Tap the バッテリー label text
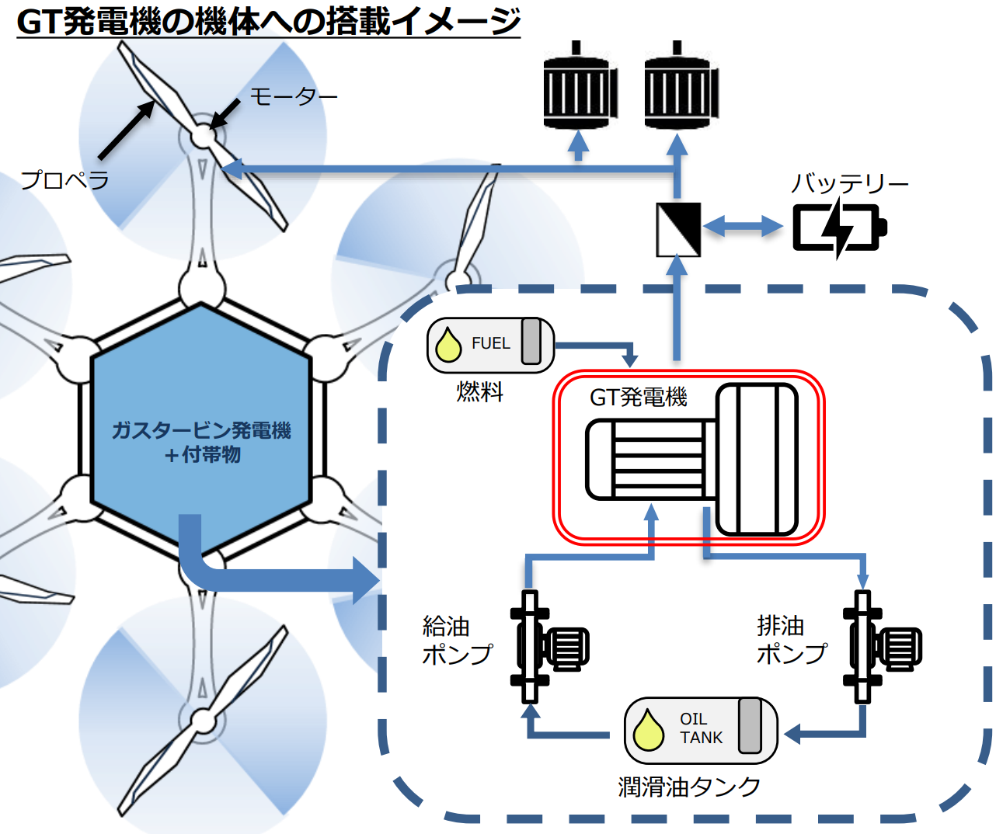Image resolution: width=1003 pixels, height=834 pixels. click(x=849, y=184)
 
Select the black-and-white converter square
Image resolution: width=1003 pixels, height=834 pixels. click(x=678, y=229)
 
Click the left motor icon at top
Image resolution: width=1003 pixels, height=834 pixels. click(x=580, y=89)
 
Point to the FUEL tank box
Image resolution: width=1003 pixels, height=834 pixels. click(x=490, y=345)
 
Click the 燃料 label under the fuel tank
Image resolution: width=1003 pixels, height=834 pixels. click(x=479, y=391)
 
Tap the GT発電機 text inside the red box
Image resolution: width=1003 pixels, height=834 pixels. click(x=638, y=398)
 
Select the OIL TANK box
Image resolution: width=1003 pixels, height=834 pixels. click(x=700, y=730)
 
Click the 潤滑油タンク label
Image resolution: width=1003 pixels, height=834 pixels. click(x=689, y=787)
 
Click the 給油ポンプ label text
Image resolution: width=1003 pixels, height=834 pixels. click(x=457, y=641)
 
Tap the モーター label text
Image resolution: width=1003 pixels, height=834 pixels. click(x=293, y=97)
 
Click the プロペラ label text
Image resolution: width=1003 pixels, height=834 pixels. click(x=65, y=180)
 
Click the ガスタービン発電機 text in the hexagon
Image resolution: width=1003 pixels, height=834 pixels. click(x=201, y=430)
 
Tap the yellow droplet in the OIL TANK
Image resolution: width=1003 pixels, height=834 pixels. click(x=648, y=731)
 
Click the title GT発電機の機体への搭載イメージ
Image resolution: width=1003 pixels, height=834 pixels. click(x=268, y=21)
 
